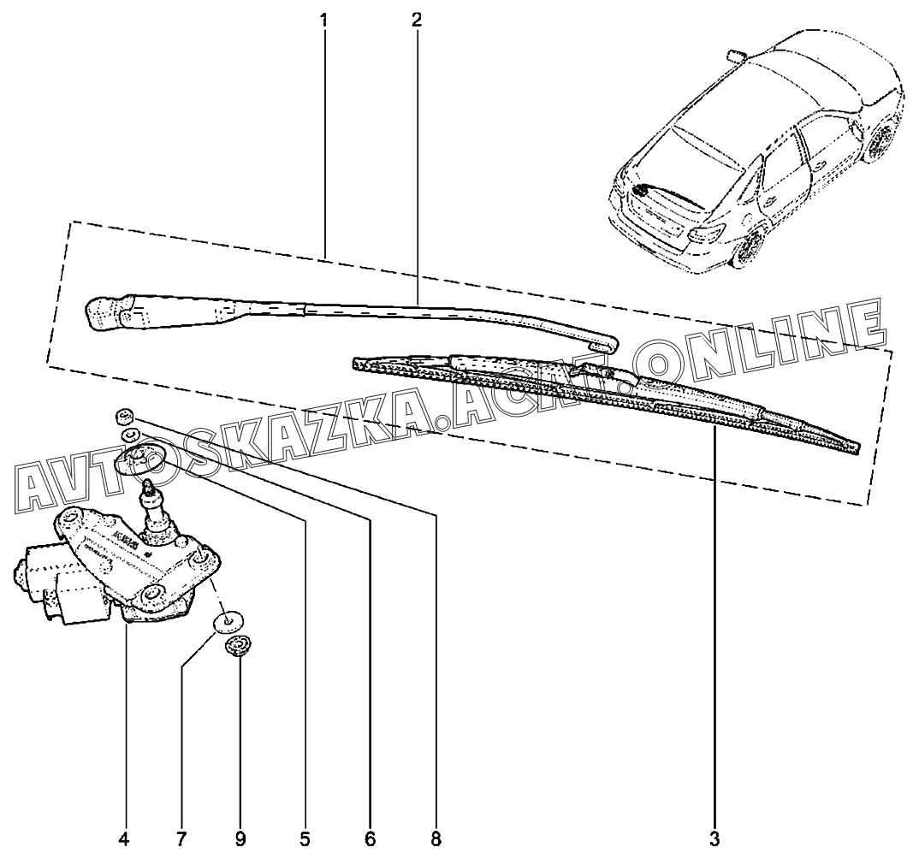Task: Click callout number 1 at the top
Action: point(324,19)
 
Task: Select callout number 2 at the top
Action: point(416,19)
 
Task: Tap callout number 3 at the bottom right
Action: point(715,837)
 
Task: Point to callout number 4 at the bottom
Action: point(125,837)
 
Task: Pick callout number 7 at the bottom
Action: point(181,837)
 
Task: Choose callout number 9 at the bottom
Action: point(240,837)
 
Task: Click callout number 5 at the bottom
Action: point(305,837)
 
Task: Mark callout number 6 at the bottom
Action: point(371,837)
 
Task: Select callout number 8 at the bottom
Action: point(436,837)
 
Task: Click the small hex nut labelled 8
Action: point(124,417)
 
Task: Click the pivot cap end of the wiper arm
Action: point(107,313)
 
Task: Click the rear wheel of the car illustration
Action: point(750,248)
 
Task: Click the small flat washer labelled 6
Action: point(130,435)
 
